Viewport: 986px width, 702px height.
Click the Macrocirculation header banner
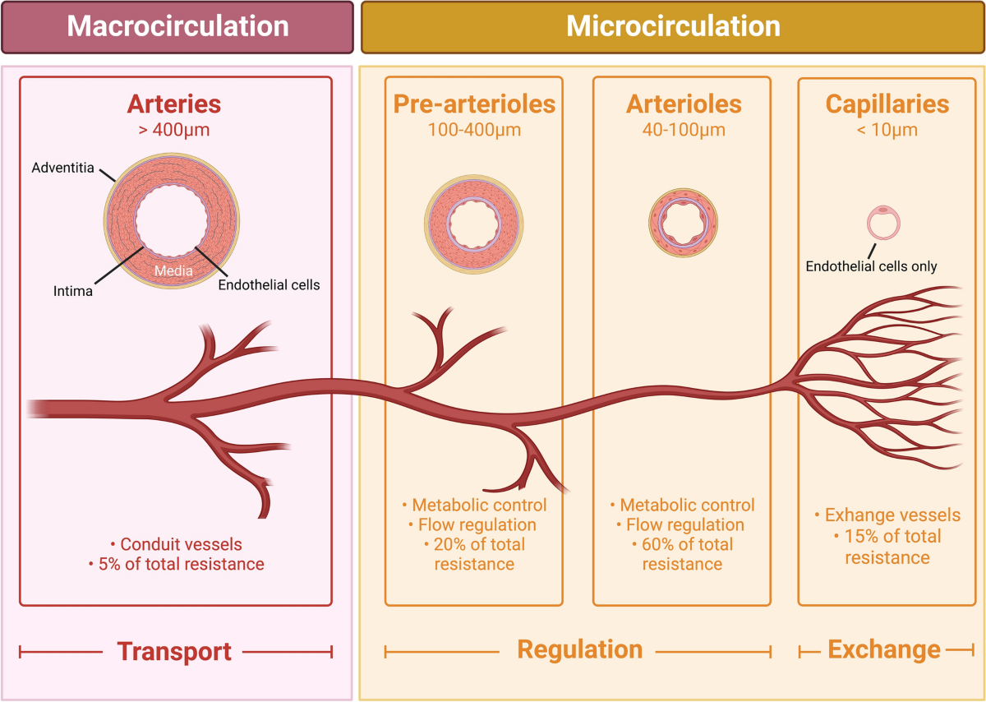177,26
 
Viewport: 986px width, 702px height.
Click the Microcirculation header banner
673,26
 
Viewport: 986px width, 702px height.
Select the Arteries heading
173,104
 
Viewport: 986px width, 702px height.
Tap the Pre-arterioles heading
474,104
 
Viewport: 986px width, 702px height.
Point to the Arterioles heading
684,104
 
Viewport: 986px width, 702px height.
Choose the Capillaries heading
887,104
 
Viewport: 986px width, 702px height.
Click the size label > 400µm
173,130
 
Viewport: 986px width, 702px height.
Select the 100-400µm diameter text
474,130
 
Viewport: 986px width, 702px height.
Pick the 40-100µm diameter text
684,130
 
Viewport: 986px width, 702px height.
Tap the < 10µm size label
887,130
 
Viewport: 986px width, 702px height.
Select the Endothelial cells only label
871,266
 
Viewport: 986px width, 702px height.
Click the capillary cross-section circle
884,223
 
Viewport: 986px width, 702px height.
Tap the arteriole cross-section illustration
684,223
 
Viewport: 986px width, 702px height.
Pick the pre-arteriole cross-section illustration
473,224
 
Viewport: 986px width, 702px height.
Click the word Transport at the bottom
174,652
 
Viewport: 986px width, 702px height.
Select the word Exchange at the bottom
884,650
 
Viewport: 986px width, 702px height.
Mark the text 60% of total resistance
682,554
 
